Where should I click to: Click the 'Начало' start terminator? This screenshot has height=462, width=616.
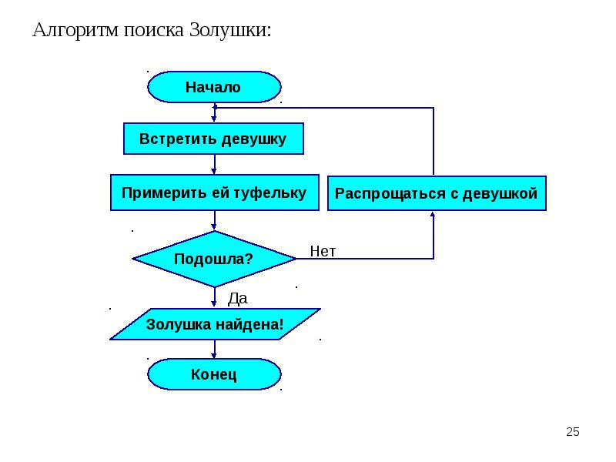point(213,87)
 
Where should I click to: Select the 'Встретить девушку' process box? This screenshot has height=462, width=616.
point(213,139)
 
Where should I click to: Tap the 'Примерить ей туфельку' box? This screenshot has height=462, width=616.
point(213,192)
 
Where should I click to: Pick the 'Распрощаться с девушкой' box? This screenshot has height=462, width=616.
point(437,193)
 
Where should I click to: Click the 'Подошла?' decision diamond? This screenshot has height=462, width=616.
point(213,259)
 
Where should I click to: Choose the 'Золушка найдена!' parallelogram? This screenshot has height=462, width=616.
point(215,325)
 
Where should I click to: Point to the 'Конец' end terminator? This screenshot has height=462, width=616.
point(213,375)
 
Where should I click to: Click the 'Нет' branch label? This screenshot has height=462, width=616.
point(323,251)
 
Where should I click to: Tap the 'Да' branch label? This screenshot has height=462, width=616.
point(237,297)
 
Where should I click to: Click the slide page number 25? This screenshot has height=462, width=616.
point(572,432)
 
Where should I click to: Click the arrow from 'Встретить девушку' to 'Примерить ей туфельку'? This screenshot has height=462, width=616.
point(214,165)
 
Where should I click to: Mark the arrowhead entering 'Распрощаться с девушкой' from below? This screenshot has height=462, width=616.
point(434,216)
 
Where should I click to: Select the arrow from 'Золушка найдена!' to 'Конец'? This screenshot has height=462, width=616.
point(214,350)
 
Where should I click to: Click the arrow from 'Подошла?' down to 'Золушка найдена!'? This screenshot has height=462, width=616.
point(214,298)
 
